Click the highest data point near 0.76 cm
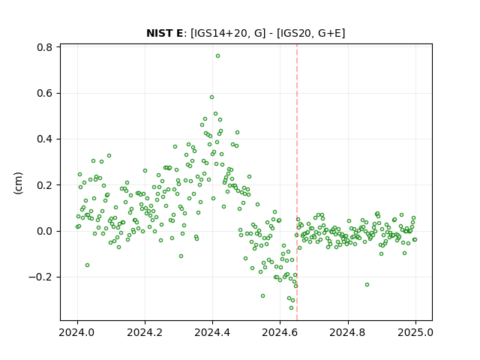tap(217, 56)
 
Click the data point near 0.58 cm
tap(211, 97)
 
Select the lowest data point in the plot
tap(291, 308)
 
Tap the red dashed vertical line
tap(297, 182)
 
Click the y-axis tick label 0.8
tap(44, 47)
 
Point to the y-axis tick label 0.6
tap(44, 93)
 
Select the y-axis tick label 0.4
tap(44, 139)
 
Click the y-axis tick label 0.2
tap(44, 185)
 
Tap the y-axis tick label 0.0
tap(44, 231)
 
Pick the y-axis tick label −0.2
tap(40, 277)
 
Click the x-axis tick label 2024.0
tap(77, 332)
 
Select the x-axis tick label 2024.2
tap(145, 332)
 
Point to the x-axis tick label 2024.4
tap(212, 332)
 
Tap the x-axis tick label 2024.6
tap(280, 332)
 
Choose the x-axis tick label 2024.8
tap(348, 332)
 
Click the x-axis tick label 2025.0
tap(415, 332)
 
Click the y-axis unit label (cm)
tap(18, 183)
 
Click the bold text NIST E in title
tap(164, 33)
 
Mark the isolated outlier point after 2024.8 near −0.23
tap(367, 285)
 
